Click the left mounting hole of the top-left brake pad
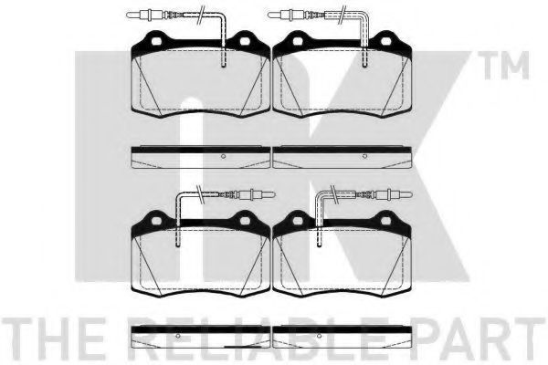[156, 41]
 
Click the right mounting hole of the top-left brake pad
[245, 41]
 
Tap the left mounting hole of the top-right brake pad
[298, 41]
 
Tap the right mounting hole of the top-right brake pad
[385, 41]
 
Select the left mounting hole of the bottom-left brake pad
[156, 221]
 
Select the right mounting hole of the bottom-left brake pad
[245, 221]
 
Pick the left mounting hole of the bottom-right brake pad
[298, 221]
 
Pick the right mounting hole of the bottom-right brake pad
[385, 221]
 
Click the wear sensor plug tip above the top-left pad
[127, 15]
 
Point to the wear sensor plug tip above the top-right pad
[269, 15]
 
